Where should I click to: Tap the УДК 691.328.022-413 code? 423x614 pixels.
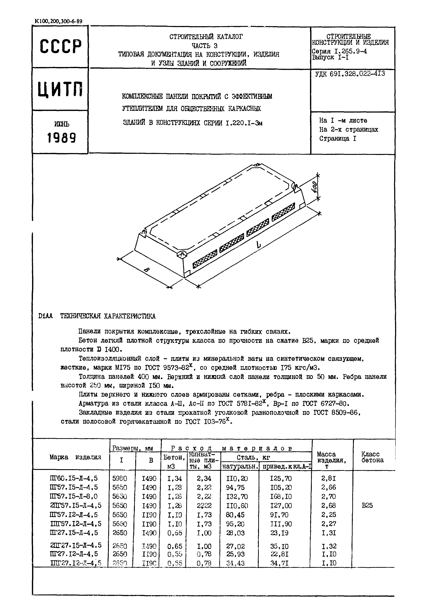click(x=350, y=74)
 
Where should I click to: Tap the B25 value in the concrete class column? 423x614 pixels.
click(x=367, y=506)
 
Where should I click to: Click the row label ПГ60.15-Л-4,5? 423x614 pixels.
click(x=74, y=478)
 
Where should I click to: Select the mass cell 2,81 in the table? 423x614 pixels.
click(x=329, y=478)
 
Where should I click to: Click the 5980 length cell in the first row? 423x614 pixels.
click(x=120, y=478)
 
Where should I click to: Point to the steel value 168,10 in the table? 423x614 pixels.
click(x=281, y=496)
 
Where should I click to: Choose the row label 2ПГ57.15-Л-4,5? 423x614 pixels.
click(x=76, y=506)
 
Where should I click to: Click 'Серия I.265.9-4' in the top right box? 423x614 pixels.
click(x=339, y=51)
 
